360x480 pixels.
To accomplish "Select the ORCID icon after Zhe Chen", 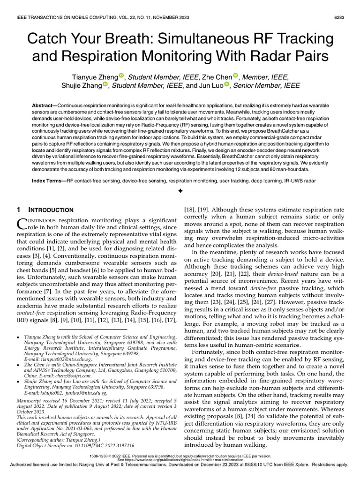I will point(236,76).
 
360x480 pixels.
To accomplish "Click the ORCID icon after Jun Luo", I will point(227,85).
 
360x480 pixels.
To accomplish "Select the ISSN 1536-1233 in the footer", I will point(102,455).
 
